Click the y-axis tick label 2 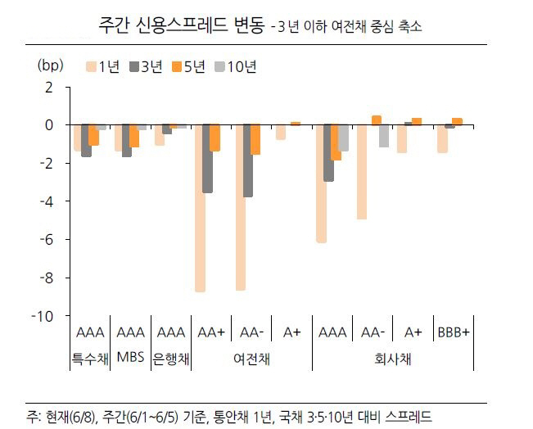tap(48, 87)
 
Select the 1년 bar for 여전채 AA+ tap(200, 208)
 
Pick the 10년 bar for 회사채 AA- tap(383, 136)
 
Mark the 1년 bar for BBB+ tap(442, 138)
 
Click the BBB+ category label tap(452, 333)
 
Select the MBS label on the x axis tap(129, 357)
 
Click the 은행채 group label tap(170, 358)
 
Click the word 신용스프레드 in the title tap(180, 24)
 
